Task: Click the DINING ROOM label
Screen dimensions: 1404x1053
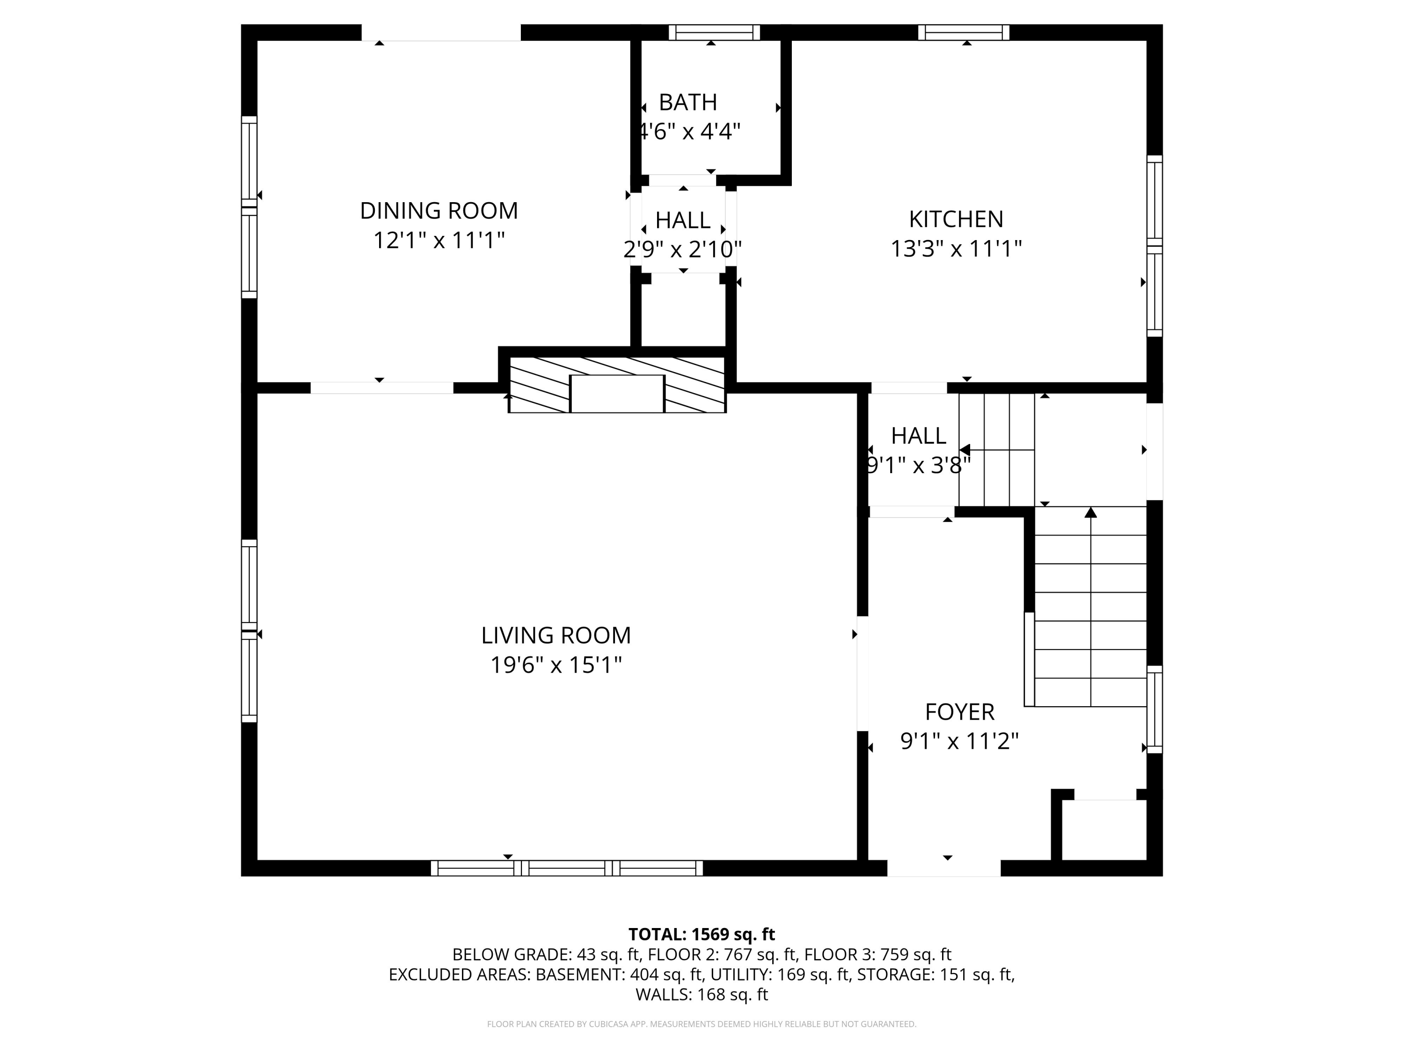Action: pos(439,211)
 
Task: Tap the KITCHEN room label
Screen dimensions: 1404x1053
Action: pos(956,219)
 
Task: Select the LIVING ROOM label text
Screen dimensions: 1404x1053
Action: pos(556,636)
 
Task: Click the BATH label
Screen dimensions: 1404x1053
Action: pos(688,102)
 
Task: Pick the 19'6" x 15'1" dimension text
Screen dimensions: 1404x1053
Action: pos(556,665)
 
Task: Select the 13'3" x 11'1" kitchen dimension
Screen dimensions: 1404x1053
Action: pos(956,249)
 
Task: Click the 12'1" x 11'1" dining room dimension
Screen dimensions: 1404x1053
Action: pos(439,241)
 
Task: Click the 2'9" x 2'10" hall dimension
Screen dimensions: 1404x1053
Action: pos(683,250)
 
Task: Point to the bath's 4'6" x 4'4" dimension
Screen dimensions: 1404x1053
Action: pos(689,132)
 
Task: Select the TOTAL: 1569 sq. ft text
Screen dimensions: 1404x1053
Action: pos(702,934)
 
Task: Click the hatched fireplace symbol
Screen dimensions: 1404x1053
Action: pos(617,385)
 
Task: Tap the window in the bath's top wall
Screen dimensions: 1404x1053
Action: pos(714,32)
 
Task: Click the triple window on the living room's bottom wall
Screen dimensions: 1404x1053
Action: pos(567,868)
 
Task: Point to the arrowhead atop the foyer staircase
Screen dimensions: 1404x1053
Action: pos(1090,512)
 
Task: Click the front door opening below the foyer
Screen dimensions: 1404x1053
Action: pos(944,868)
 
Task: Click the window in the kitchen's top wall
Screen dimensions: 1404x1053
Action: pos(964,32)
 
